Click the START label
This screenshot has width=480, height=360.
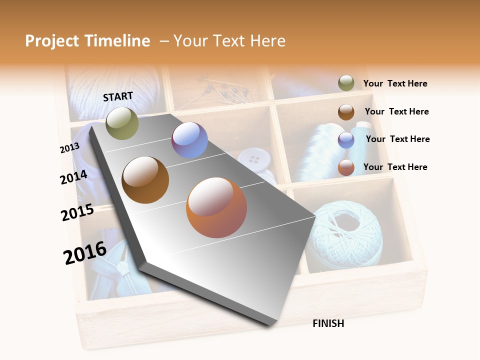(118, 96)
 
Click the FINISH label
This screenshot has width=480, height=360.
(328, 323)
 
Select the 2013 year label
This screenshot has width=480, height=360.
(69, 148)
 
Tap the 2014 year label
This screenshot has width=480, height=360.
(74, 177)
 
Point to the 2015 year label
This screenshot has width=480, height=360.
(77, 212)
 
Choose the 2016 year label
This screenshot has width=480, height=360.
(85, 253)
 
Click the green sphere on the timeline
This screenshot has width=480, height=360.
(122, 123)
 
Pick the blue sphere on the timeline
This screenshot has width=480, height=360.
(189, 140)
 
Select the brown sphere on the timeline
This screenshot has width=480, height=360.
(145, 179)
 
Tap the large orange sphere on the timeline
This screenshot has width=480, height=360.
(216, 207)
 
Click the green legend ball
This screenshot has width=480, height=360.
(346, 83)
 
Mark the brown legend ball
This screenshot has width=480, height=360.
(346, 112)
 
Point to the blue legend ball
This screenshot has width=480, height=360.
(346, 140)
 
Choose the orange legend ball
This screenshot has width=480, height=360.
(346, 167)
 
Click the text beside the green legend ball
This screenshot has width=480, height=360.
(395, 83)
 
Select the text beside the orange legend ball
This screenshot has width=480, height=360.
(395, 167)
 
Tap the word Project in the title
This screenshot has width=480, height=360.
(52, 41)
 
